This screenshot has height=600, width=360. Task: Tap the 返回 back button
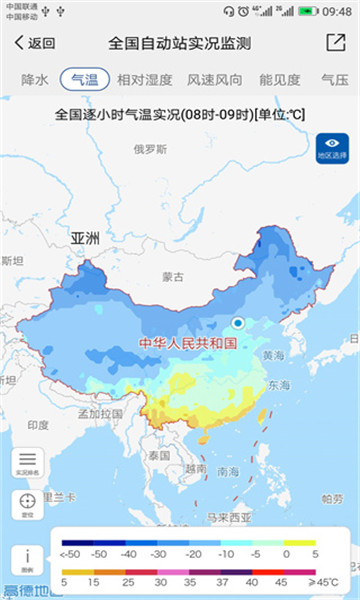click(34, 43)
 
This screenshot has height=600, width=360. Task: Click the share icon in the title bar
click(335, 43)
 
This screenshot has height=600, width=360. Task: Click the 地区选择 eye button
click(331, 148)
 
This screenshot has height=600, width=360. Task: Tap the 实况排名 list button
click(27, 463)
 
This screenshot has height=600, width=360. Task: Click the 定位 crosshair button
click(27, 506)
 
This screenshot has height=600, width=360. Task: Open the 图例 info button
click(27, 559)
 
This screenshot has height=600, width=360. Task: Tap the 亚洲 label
click(86, 239)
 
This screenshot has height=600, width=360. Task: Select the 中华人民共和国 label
click(187, 343)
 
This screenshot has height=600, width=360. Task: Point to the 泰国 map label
click(158, 455)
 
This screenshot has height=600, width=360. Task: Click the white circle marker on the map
click(238, 322)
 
